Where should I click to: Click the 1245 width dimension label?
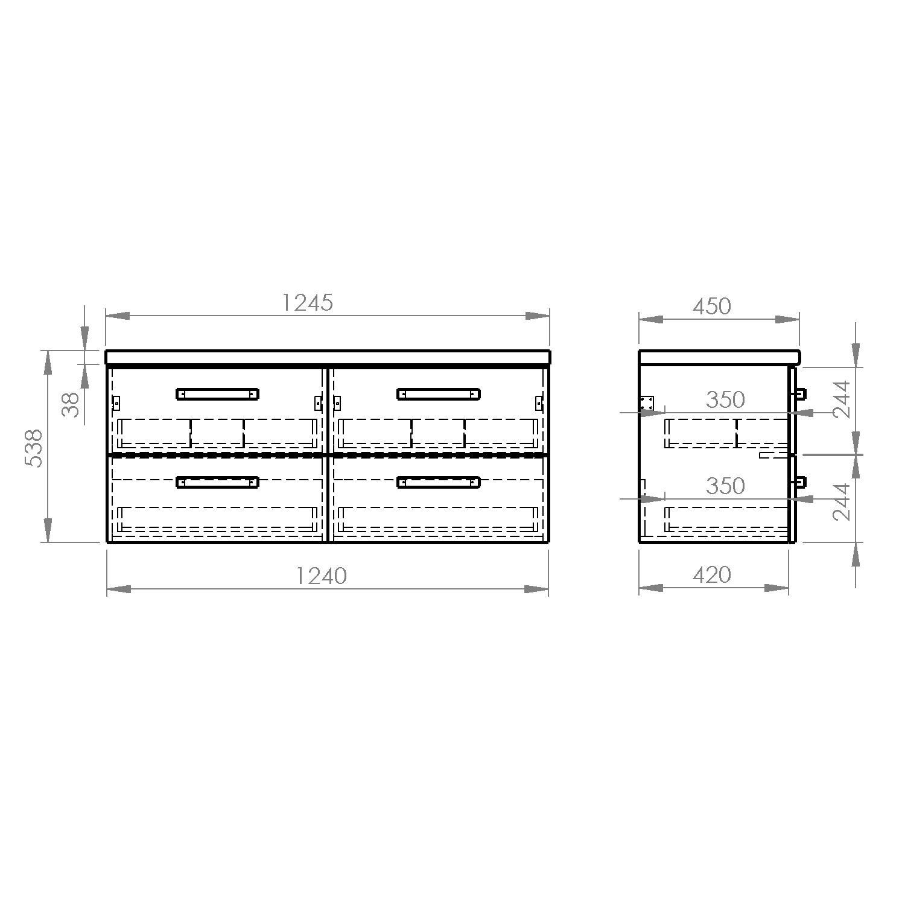(x=308, y=303)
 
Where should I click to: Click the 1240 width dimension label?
(x=322, y=576)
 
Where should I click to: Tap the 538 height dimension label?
(x=34, y=448)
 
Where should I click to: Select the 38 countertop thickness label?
(x=71, y=404)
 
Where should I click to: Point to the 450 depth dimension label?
(x=712, y=306)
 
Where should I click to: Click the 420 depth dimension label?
(x=712, y=575)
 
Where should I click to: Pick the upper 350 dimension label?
(x=725, y=399)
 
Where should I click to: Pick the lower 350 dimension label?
(x=725, y=486)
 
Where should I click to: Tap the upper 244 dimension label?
(x=841, y=399)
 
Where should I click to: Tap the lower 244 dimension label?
(x=841, y=501)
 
